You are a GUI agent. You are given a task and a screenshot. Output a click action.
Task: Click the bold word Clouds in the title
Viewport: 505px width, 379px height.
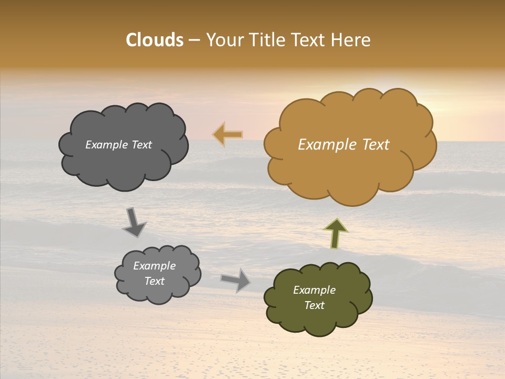[x=155, y=40]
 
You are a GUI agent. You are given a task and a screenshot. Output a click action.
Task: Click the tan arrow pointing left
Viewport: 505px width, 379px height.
[x=228, y=135]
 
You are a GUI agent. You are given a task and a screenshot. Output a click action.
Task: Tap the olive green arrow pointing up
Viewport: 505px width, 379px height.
[x=336, y=233]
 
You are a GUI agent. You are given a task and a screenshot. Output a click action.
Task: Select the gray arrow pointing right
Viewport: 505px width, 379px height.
[x=236, y=280]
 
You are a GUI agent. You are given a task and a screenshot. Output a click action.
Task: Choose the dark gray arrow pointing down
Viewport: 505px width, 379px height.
[x=134, y=222]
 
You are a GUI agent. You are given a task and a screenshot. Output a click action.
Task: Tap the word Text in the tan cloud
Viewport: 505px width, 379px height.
[x=376, y=145]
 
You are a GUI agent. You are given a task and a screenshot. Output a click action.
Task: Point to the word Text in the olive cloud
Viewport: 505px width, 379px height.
[x=314, y=306]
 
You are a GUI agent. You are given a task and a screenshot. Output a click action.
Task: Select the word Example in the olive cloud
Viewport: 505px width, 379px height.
[x=314, y=290]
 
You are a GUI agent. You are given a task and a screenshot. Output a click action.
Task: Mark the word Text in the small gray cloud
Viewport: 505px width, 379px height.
[x=154, y=281]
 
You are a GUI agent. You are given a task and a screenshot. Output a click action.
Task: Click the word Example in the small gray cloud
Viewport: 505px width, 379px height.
[x=154, y=266]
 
